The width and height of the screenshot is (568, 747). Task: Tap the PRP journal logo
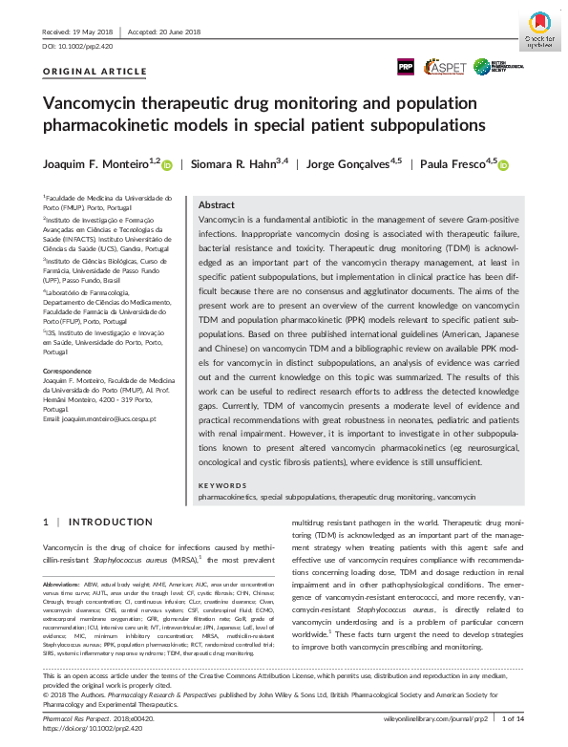point(405,66)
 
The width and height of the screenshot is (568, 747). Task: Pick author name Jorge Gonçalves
point(347,163)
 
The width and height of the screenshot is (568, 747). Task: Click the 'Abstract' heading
point(216,205)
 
